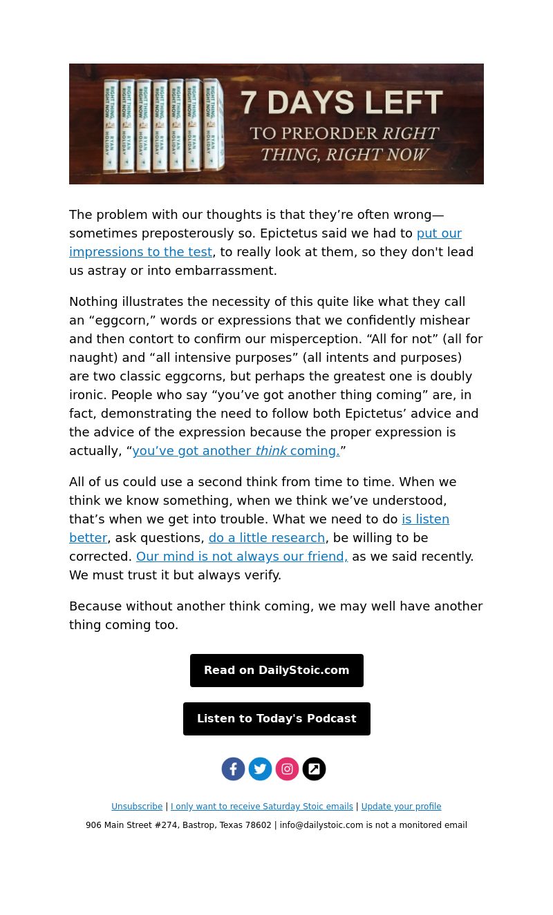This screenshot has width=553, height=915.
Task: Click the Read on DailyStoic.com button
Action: coord(276,671)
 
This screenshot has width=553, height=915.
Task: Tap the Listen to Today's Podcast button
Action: coord(276,719)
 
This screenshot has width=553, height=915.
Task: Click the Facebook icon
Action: coord(233,769)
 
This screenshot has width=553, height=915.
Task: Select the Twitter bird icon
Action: coord(260,769)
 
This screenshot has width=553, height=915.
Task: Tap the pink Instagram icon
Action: coord(287,769)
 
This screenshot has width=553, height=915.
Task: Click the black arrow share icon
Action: coord(314,769)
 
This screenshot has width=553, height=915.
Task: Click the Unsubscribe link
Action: coord(137,807)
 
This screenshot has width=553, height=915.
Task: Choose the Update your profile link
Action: coord(401,807)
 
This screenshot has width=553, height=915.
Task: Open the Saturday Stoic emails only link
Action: coord(262,807)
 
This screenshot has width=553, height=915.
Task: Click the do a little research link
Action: coord(267,538)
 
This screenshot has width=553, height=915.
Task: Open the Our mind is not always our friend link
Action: coord(242,557)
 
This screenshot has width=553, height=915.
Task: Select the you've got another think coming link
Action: coord(236,451)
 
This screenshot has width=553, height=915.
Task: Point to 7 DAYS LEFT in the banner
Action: coord(341,103)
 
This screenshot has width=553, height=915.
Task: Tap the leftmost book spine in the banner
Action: coord(111,126)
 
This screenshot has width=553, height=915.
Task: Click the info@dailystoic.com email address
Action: coord(321,825)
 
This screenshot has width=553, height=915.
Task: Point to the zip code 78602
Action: coord(259,825)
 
